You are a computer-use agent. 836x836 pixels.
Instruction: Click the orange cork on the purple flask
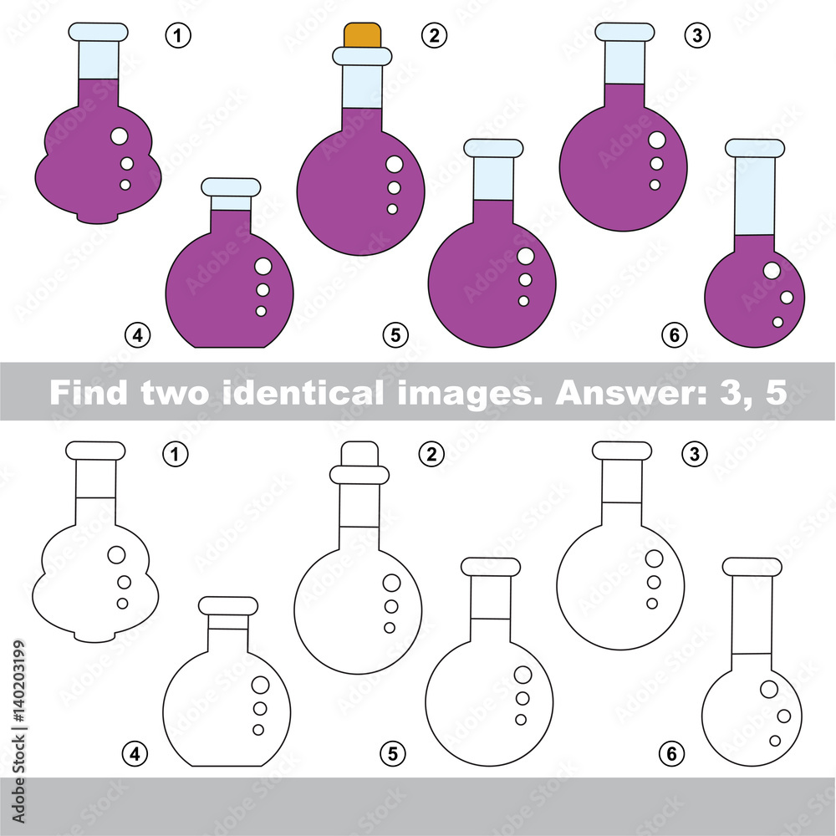[362, 35]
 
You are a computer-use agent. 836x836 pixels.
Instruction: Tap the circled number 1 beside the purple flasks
[178, 36]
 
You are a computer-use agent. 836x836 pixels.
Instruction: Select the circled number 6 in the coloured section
[675, 335]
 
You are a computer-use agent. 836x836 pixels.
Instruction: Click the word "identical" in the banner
[302, 392]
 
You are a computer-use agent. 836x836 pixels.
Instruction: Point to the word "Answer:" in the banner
[630, 392]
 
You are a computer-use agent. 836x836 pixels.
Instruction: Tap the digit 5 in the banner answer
[776, 392]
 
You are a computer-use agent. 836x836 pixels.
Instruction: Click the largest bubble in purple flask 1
[120, 136]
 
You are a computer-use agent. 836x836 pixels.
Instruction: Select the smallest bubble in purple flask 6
[777, 322]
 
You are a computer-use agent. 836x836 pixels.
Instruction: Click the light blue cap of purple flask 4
[231, 187]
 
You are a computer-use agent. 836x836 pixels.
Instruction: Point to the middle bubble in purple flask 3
[656, 164]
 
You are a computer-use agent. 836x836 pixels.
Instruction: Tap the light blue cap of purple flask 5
[493, 148]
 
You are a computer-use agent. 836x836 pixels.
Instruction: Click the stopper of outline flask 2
[359, 454]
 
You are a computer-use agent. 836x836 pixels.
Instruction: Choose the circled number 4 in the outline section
[135, 754]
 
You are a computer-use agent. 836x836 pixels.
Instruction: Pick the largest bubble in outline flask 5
[523, 675]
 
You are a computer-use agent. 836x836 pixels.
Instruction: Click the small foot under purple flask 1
[97, 217]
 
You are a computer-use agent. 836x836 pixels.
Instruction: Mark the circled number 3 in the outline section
[694, 454]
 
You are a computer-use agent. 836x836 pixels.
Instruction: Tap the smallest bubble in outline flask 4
[258, 730]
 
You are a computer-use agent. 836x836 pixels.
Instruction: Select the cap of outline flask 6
[752, 567]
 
